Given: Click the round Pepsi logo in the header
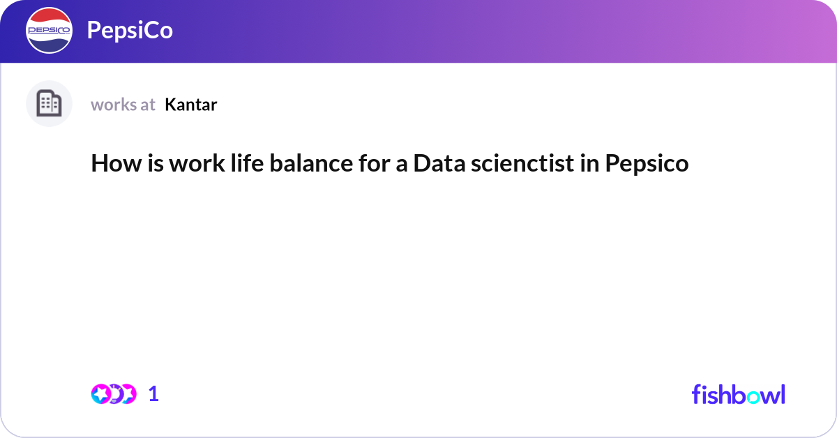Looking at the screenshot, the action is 49,30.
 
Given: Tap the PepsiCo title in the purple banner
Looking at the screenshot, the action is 130,30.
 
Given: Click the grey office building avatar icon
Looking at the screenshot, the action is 49,103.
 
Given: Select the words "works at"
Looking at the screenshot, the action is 123,105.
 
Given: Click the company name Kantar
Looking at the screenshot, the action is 190,105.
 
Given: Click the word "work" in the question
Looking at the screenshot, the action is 197,163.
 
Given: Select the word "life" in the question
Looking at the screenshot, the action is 247,163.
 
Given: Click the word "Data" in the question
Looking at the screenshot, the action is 439,163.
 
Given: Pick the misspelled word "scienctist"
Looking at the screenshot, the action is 522,163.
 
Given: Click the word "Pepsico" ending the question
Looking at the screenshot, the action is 647,164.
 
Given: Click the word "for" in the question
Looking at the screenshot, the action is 374,163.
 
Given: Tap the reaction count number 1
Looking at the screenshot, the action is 153,394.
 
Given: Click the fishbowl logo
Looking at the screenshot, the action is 739,394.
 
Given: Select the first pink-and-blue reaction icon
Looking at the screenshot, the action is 101,394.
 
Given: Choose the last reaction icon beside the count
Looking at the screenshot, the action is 128,394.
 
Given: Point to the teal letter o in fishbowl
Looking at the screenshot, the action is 754,397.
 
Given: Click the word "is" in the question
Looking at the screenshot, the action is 156,163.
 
